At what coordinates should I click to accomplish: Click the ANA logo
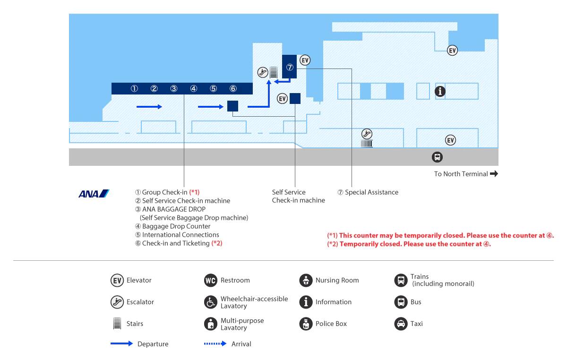[94, 194]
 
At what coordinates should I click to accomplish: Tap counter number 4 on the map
[194, 89]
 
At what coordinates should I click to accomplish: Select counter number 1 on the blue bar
[134, 89]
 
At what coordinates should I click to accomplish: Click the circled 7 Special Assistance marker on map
[290, 68]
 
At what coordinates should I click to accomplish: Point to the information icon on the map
[440, 91]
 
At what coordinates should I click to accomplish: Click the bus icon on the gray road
[437, 157]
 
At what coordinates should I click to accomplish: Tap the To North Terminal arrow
[494, 174]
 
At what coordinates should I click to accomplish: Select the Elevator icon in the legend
[117, 280]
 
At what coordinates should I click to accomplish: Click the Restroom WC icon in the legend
[211, 280]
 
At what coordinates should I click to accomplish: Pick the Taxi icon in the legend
[401, 324]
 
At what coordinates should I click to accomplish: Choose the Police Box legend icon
[306, 324]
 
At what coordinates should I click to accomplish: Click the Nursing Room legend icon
[306, 280]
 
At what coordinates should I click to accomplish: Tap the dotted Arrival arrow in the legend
[215, 343]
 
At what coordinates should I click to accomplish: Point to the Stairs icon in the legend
[117, 323]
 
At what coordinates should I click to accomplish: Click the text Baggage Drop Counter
[176, 226]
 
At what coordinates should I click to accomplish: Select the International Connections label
[180, 235]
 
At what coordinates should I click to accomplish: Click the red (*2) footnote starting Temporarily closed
[409, 244]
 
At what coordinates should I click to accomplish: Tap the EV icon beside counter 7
[305, 60]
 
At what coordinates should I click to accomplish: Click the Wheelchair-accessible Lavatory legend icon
[211, 302]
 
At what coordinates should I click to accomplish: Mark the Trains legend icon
[401, 280]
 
